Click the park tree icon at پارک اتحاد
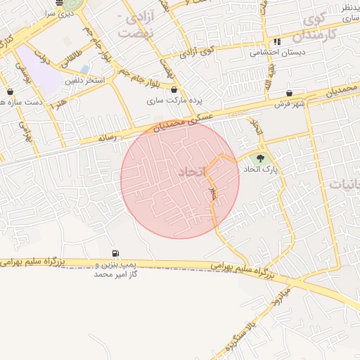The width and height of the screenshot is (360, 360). click(261, 158)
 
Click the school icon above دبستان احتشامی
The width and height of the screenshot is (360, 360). click(278, 41)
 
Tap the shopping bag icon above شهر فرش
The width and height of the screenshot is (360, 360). click(290, 93)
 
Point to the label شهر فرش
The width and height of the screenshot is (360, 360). click(290, 105)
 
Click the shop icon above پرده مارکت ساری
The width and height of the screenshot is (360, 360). click(174, 89)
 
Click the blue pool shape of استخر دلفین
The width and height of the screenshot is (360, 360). click(85, 70)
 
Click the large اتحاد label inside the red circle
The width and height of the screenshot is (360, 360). click(190, 172)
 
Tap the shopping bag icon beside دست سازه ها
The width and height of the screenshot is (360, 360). click(10, 91)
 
